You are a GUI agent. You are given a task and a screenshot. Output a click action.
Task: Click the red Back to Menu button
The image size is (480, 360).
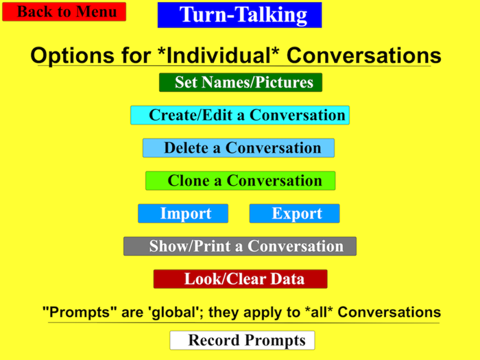tap(64, 12)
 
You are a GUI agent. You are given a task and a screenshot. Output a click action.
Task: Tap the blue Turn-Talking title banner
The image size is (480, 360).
tap(239, 15)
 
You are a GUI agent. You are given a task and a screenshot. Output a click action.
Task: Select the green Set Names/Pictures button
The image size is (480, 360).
tap(241, 83)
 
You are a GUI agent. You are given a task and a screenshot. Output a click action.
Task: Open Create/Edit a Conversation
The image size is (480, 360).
tap(240, 115)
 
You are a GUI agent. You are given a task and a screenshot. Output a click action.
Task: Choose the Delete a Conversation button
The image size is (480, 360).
tap(239, 148)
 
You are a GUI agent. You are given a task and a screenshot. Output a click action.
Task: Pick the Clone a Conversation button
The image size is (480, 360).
tap(241, 181)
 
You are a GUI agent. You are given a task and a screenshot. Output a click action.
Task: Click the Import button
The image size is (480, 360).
tap(183, 213)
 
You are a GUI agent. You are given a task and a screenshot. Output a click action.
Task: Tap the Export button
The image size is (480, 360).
tap(294, 213)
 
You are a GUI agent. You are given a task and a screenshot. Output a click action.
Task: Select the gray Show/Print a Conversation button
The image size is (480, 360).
tap(240, 246)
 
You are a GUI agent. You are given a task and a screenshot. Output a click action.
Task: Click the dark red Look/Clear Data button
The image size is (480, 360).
tap(241, 279)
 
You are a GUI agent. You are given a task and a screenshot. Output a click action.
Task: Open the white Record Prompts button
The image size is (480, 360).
tap(243, 340)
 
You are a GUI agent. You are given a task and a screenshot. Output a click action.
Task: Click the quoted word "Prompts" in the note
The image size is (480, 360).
tap(77, 313)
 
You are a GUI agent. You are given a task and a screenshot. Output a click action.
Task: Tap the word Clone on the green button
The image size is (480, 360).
tap(187, 181)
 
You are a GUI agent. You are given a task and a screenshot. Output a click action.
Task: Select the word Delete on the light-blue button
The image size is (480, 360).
tap(187, 148)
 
